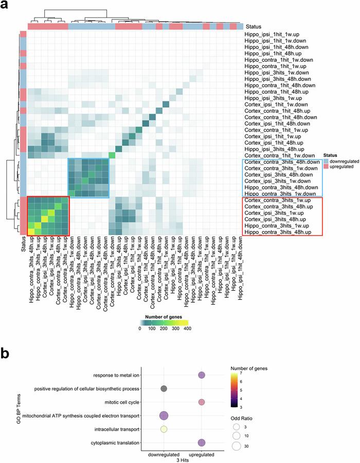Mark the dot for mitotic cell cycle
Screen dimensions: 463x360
pyautogui.click(x=201, y=402)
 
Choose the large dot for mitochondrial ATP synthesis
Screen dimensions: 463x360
pyautogui.click(x=164, y=415)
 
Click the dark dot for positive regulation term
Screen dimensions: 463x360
pyautogui.click(x=164, y=388)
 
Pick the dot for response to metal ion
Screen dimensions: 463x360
pyautogui.click(x=201, y=375)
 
